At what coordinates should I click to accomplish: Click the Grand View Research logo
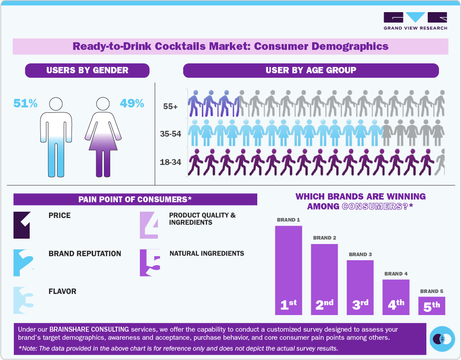(x=415, y=21)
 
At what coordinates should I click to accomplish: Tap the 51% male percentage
(x=25, y=103)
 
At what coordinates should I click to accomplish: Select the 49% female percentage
(x=132, y=103)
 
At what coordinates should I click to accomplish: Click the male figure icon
(x=56, y=137)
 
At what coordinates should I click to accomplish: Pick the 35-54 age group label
(x=170, y=134)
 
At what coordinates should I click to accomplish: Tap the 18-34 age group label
(x=170, y=162)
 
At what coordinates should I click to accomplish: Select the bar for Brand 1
(x=288, y=270)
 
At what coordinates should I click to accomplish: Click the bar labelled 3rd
(x=360, y=288)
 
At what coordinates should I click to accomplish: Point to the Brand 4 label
(x=396, y=274)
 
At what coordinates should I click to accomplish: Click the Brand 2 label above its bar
(x=325, y=238)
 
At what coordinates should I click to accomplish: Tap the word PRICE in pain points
(x=59, y=216)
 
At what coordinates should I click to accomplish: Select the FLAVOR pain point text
(x=63, y=291)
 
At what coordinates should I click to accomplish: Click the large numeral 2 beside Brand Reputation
(x=22, y=262)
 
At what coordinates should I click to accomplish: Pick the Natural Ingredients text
(x=207, y=253)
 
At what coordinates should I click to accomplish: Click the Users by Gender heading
(x=87, y=70)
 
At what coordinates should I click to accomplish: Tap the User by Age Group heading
(x=311, y=70)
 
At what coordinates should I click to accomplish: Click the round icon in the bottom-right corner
(x=442, y=338)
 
